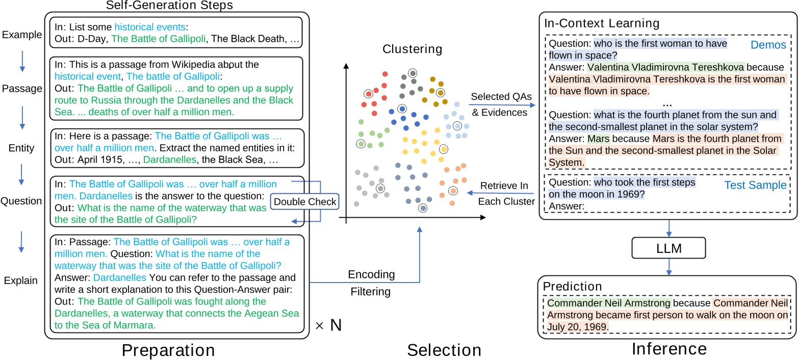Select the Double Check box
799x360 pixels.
pyautogui.click(x=305, y=202)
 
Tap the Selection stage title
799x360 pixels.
pyautogui.click(x=444, y=349)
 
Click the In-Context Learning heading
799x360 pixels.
pyautogui.click(x=602, y=23)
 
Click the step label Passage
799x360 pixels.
pyautogui.click(x=21, y=89)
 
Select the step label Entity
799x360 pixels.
pyautogui.click(x=21, y=148)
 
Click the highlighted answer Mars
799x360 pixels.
pyautogui.click(x=599, y=139)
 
